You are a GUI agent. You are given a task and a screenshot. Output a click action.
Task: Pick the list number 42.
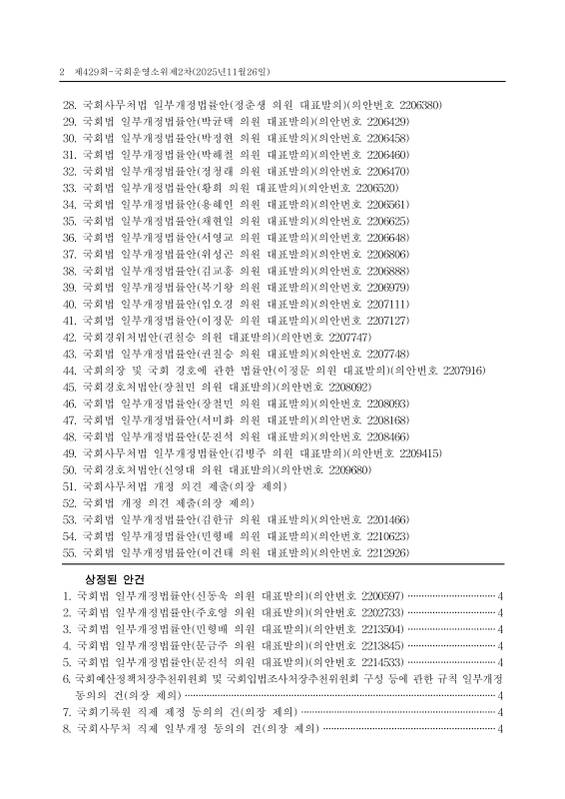click(70, 337)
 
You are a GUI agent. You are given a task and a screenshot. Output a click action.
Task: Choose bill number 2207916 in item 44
click(462, 370)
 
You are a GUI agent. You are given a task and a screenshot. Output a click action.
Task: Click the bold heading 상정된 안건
click(117, 578)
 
